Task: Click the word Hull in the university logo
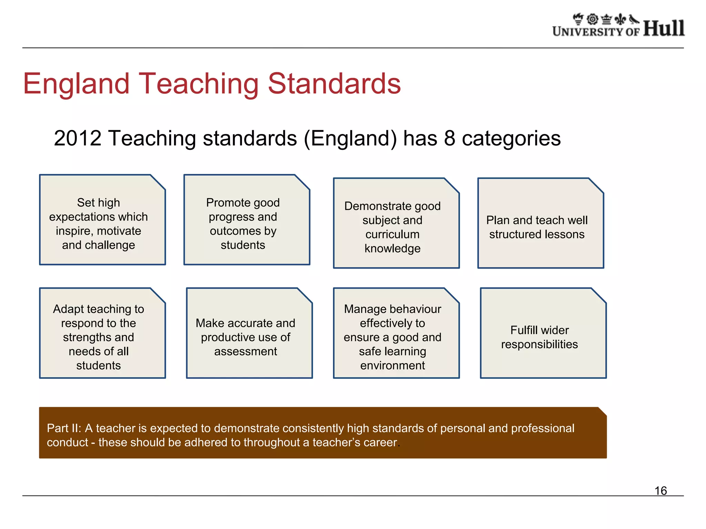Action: pos(664,28)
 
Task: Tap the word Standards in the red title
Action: pos(334,84)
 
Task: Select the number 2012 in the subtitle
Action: pos(78,138)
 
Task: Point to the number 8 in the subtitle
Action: pos(450,138)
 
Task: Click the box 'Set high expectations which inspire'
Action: pos(102,220)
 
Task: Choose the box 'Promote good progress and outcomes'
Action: pos(246,220)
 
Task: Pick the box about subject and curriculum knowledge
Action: pos(396,224)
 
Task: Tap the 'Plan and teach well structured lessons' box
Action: pos(540,224)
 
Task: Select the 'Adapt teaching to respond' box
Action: pos(102,333)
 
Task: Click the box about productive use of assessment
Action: pos(249,333)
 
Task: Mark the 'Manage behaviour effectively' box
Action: pos(396,333)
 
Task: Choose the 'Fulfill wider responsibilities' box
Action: pos(543,333)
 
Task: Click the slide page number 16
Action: pos(660,490)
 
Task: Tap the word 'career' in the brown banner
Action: pos(380,443)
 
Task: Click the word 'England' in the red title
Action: pos(76,84)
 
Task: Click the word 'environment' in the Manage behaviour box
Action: pos(392,365)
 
